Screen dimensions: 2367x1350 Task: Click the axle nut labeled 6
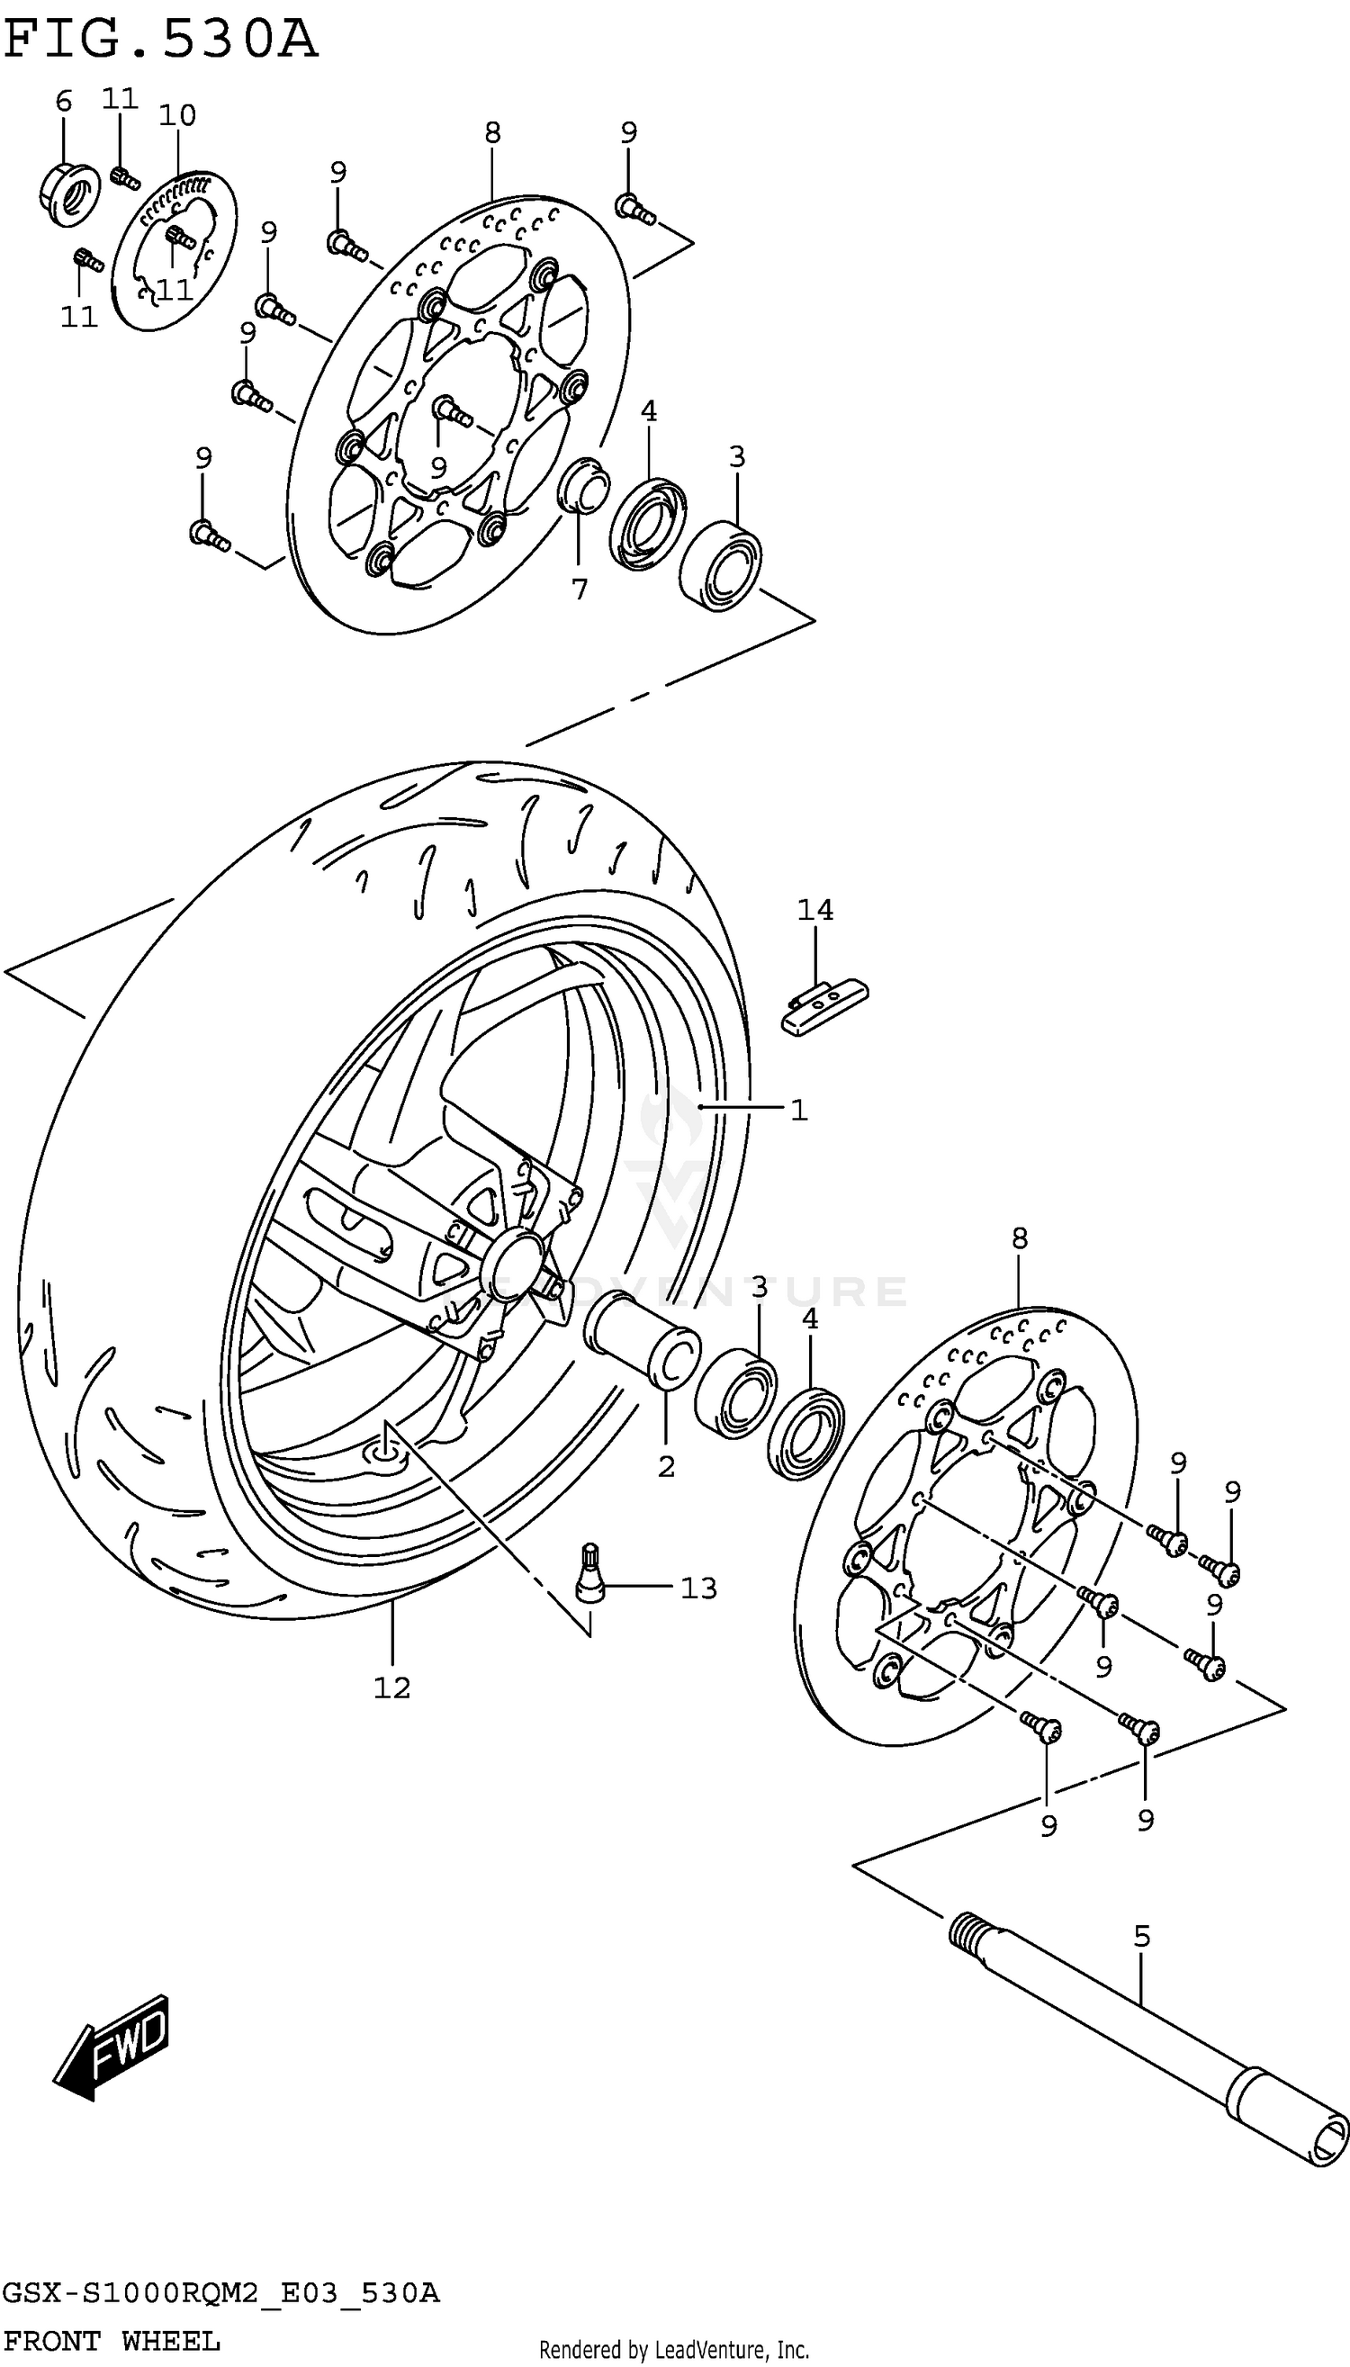coord(69,193)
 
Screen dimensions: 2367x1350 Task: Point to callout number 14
coord(815,910)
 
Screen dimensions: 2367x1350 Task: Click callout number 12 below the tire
coord(391,1687)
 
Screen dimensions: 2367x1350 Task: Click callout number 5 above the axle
coord(1141,1936)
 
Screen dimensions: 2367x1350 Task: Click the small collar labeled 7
coord(584,484)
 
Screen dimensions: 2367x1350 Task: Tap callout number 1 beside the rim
coord(798,1109)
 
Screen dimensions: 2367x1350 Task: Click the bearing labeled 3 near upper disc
coord(720,563)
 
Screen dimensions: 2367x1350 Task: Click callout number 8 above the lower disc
coord(1019,1237)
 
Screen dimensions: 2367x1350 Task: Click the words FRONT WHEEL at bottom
coord(112,2342)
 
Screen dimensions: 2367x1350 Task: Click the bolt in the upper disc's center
coord(452,410)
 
